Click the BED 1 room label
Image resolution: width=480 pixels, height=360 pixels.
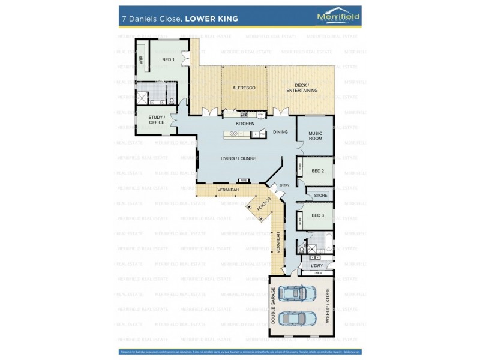168,59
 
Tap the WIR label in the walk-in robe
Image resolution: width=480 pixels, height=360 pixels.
142,60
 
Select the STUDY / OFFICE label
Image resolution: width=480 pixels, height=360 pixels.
157,119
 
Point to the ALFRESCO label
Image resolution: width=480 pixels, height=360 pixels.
244,88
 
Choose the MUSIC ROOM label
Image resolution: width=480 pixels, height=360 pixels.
315,136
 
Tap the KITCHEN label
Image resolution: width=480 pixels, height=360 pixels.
245,124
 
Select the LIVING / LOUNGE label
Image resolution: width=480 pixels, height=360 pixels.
238,158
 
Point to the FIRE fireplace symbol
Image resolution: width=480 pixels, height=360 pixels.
244,180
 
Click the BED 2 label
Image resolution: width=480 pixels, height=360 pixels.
317,171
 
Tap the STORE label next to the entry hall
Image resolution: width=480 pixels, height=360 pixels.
320,195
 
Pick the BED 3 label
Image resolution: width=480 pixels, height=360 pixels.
317,215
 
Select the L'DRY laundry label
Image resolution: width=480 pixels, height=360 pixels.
317,265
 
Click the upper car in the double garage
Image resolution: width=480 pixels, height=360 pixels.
298,293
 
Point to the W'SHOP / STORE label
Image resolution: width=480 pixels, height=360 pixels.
328,307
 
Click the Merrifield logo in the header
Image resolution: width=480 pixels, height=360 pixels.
338,17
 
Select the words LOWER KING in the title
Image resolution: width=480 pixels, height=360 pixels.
211,19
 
